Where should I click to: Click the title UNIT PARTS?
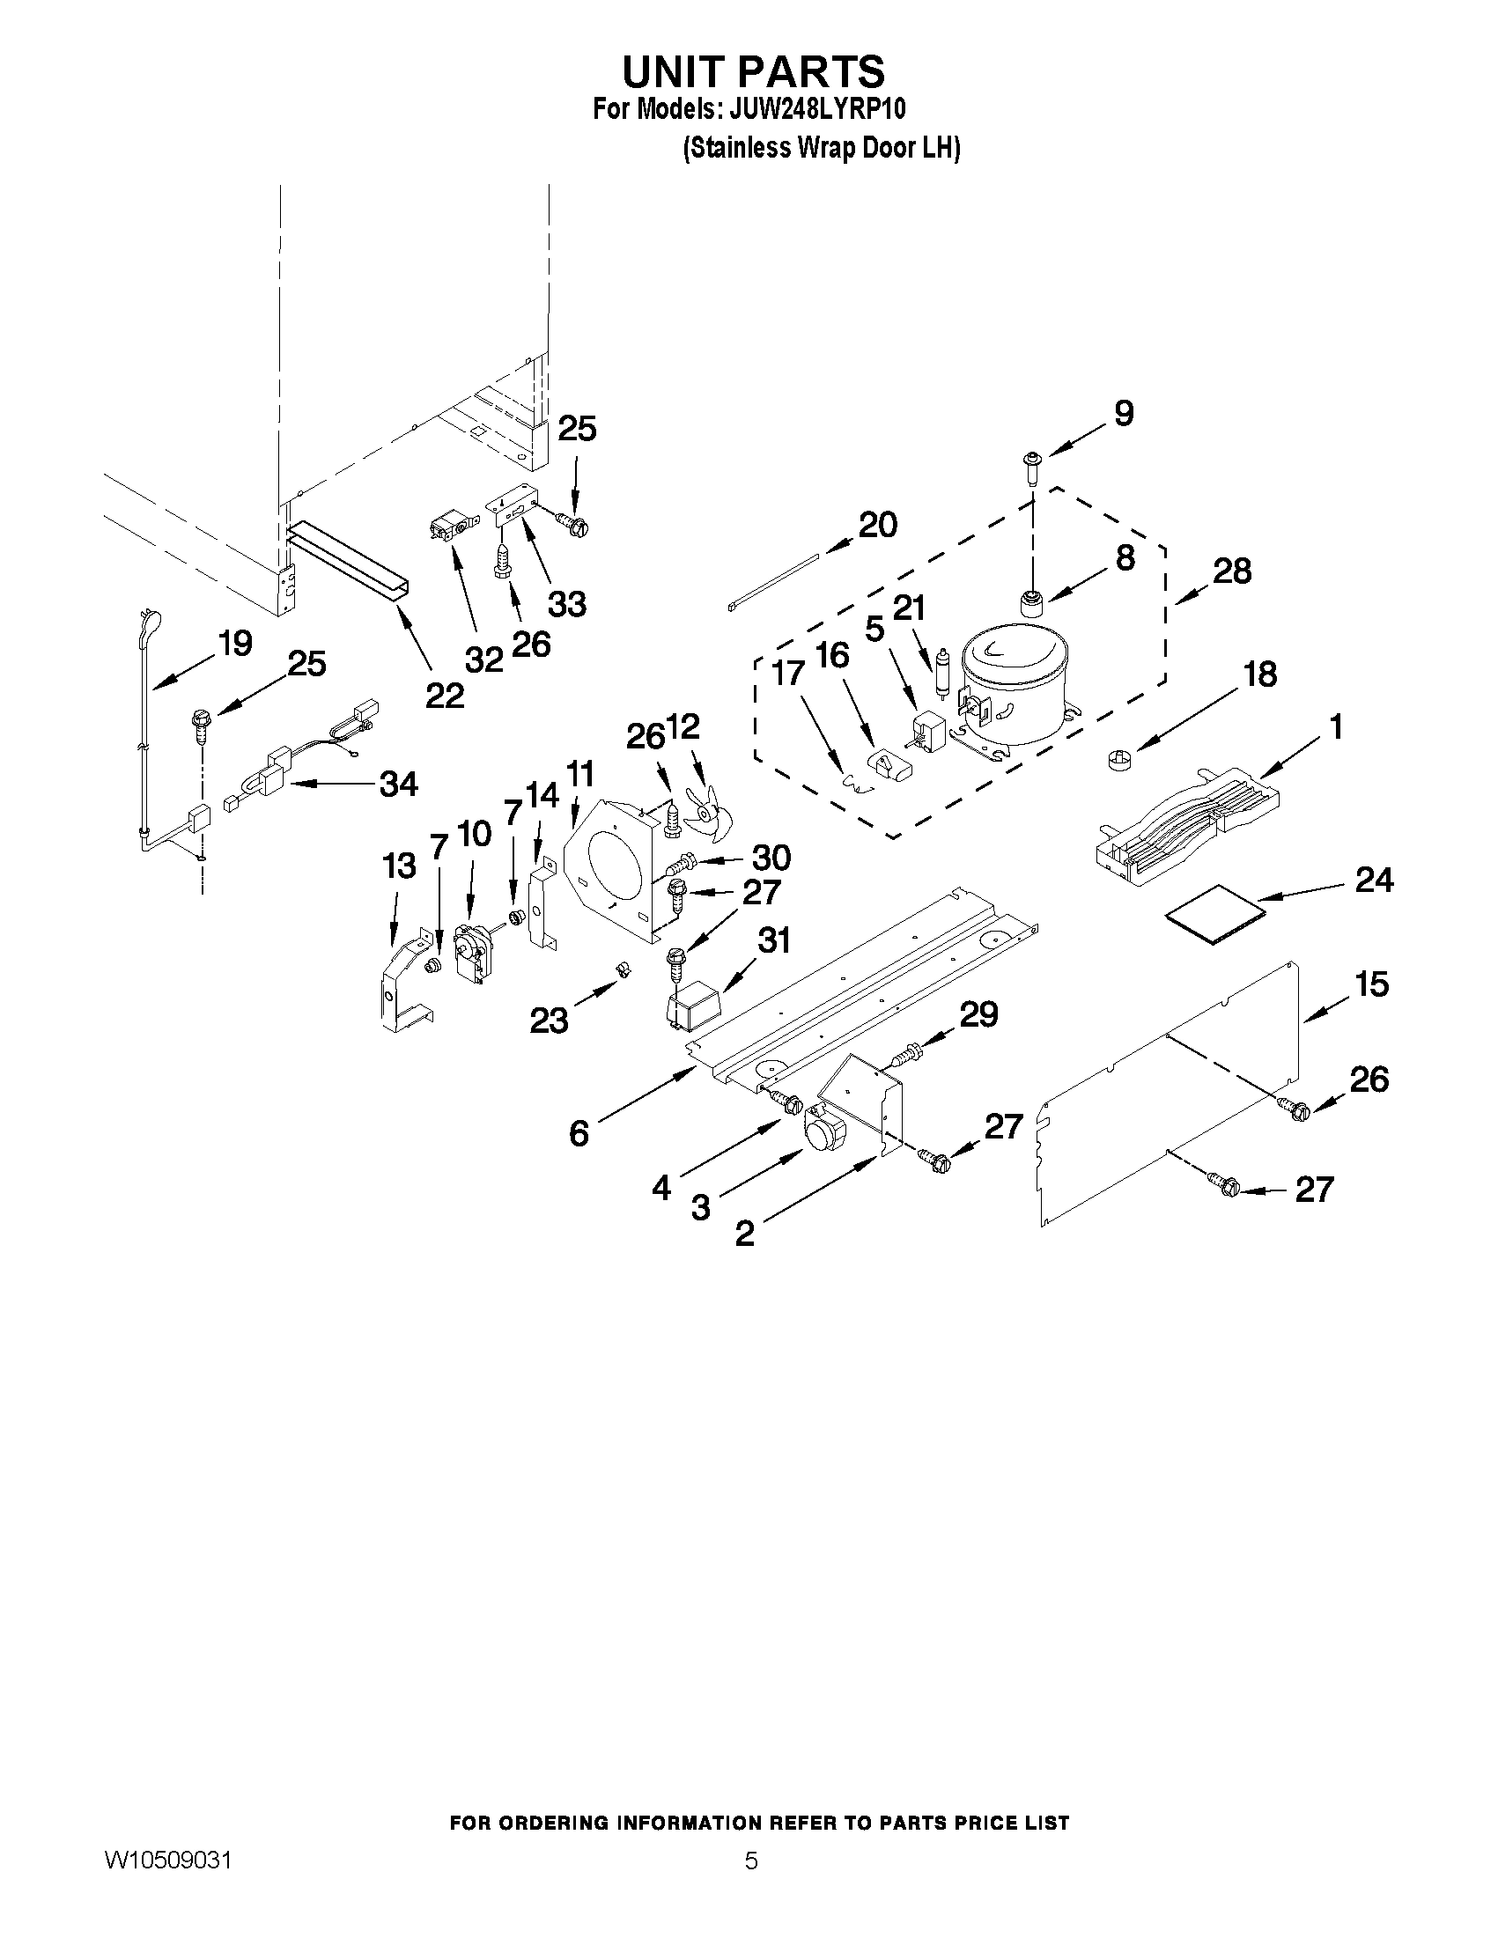(753, 71)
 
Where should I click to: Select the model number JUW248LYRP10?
(816, 110)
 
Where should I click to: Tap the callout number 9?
(1124, 414)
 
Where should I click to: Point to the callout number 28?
(1232, 571)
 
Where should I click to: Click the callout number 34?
(398, 785)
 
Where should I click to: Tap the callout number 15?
(1372, 984)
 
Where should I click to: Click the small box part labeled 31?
(692, 1010)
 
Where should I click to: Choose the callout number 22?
(445, 696)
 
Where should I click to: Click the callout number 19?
(235, 644)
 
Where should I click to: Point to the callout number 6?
(579, 1133)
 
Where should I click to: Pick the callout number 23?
(549, 1021)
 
